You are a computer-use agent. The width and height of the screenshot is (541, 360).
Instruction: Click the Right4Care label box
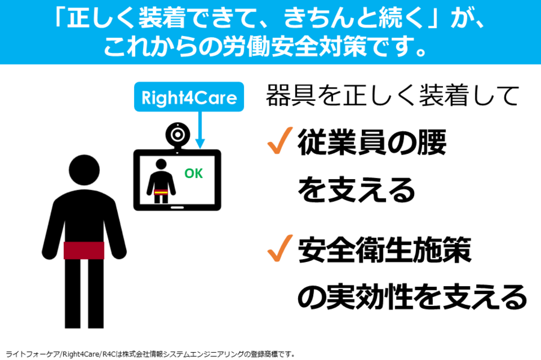click(x=189, y=97)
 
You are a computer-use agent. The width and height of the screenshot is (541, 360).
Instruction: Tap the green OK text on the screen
click(x=194, y=173)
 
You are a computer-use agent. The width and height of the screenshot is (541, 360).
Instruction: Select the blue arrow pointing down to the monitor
click(x=200, y=130)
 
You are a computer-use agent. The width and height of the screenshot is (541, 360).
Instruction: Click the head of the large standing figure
click(x=84, y=170)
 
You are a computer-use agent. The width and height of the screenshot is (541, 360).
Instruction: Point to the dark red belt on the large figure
click(x=84, y=251)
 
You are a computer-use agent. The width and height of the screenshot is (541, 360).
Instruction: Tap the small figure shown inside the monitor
click(x=161, y=181)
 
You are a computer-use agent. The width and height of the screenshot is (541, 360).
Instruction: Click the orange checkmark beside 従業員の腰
click(x=280, y=140)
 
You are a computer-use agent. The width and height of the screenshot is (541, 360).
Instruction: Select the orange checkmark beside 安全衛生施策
click(x=280, y=248)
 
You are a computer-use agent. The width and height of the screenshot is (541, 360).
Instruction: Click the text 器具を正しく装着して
click(x=393, y=96)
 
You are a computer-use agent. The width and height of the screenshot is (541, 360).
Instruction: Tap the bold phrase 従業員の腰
click(x=372, y=142)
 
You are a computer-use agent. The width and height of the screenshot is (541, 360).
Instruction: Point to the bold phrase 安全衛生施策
click(x=385, y=249)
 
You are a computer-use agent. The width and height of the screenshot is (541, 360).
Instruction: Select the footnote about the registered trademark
click(x=150, y=354)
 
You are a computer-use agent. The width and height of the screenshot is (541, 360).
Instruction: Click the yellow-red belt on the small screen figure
click(x=160, y=192)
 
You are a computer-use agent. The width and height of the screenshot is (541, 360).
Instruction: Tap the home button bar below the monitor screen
click(x=177, y=207)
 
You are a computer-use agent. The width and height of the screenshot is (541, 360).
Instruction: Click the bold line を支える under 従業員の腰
click(x=356, y=189)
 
